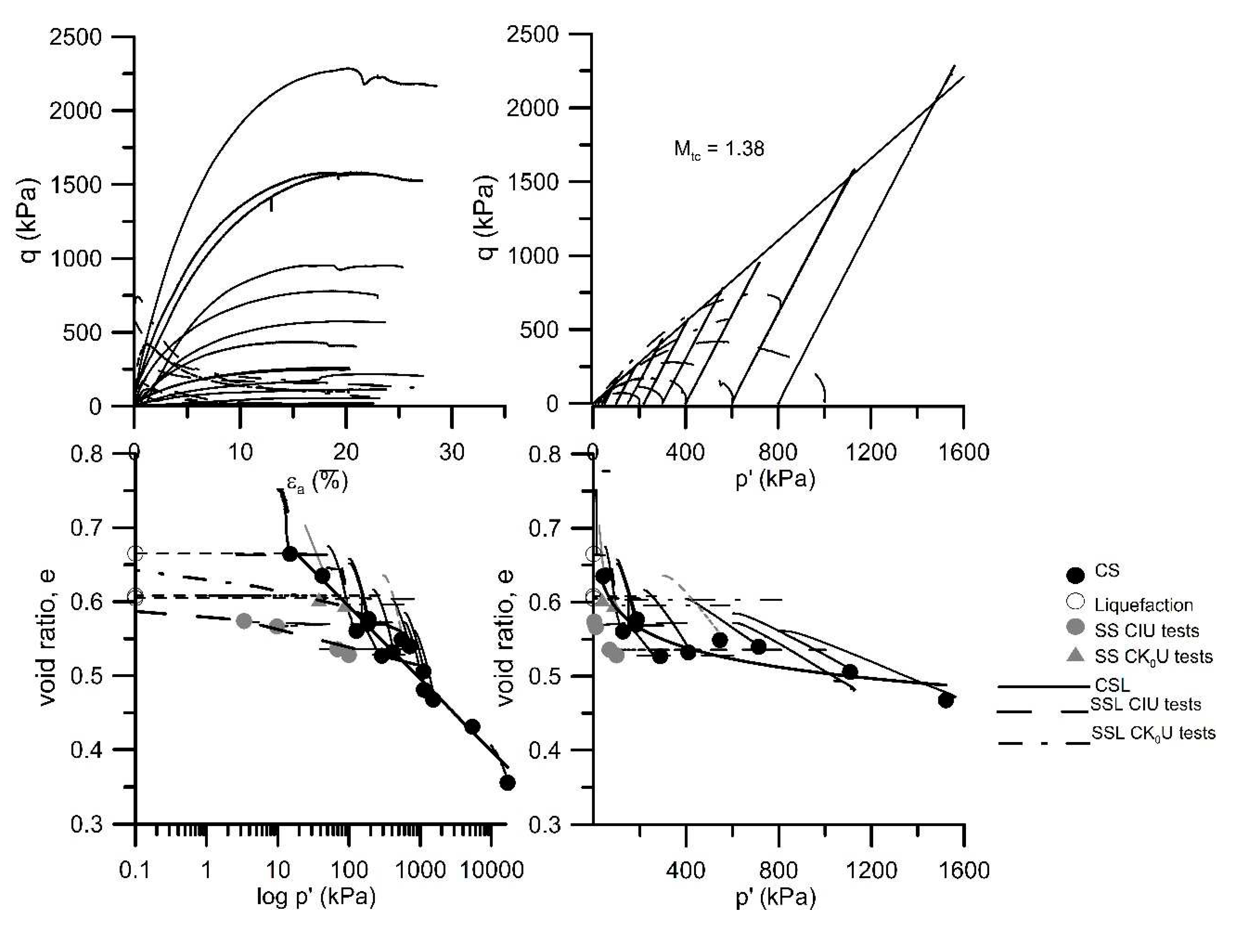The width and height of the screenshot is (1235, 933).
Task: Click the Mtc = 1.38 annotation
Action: pos(719,149)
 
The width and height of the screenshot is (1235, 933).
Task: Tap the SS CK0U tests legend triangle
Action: pos(1075,655)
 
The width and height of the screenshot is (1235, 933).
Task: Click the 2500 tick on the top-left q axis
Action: pos(76,37)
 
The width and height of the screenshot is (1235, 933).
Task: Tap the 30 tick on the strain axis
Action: pos(452,451)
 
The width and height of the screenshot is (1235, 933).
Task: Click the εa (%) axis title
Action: pos(317,481)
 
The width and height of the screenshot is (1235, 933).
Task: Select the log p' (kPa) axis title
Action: pos(316,897)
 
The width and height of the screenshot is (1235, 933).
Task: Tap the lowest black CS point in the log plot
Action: pos(507,783)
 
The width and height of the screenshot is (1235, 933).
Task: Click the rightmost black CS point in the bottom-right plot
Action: pos(945,701)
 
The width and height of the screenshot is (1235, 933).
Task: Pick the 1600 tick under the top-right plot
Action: pos(964,451)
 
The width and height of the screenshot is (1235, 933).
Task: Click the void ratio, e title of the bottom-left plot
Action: pos(49,638)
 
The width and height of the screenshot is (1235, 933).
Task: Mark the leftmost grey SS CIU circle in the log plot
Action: pos(244,621)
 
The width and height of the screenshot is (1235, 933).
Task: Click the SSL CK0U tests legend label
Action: pos(1153,733)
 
